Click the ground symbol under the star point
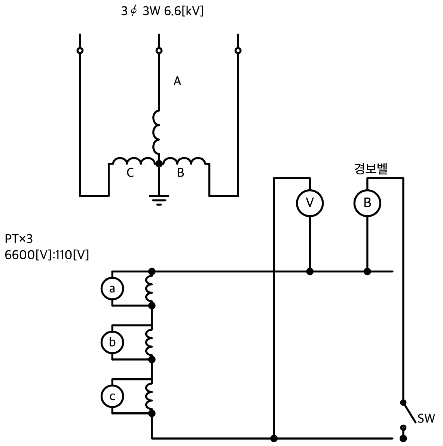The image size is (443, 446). [x=159, y=200]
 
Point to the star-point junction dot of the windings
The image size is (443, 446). [x=159, y=164]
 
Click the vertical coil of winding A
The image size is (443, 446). [x=156, y=132]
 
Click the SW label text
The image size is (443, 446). [x=426, y=419]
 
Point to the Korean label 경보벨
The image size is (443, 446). [x=371, y=168]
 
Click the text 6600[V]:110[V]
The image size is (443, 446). [x=47, y=255]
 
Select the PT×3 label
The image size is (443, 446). [x=19, y=239]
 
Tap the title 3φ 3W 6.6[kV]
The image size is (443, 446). [x=162, y=11]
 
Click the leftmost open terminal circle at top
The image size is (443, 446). [x=80, y=51]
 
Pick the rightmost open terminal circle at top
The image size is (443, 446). [x=238, y=51]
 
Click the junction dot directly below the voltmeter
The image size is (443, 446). [x=310, y=272]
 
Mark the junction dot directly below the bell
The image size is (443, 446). [x=367, y=272]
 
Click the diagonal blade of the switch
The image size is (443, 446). [x=410, y=412]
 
